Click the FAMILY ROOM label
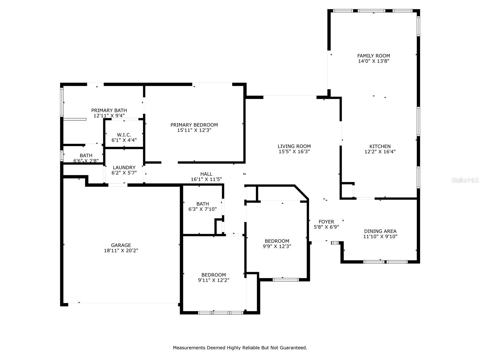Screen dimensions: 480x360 [x=373, y=56]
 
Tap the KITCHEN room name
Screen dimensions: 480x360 [x=380, y=146]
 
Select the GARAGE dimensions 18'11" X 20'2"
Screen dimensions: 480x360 [x=121, y=250]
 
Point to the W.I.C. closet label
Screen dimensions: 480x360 [x=124, y=135]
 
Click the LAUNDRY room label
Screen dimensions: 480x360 [x=124, y=167]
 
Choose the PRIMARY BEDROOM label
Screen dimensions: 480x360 [x=194, y=125]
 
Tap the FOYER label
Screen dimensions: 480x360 [x=326, y=222]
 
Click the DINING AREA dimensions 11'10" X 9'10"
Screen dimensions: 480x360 [x=380, y=236]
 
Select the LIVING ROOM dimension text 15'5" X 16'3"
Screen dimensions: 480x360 [x=294, y=151]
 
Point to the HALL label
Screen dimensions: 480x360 [x=206, y=174]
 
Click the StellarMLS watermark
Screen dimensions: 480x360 [x=465, y=180]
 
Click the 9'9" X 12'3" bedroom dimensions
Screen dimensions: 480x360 [x=277, y=246]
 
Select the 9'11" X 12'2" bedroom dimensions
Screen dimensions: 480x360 [x=213, y=280]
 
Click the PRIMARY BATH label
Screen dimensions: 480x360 [x=109, y=110]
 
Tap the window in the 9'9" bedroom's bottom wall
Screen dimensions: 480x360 [x=285, y=280]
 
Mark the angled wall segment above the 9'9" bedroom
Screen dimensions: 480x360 [x=301, y=192]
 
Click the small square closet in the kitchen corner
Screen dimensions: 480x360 [x=347, y=190]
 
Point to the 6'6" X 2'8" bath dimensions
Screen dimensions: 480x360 [x=86, y=161]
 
